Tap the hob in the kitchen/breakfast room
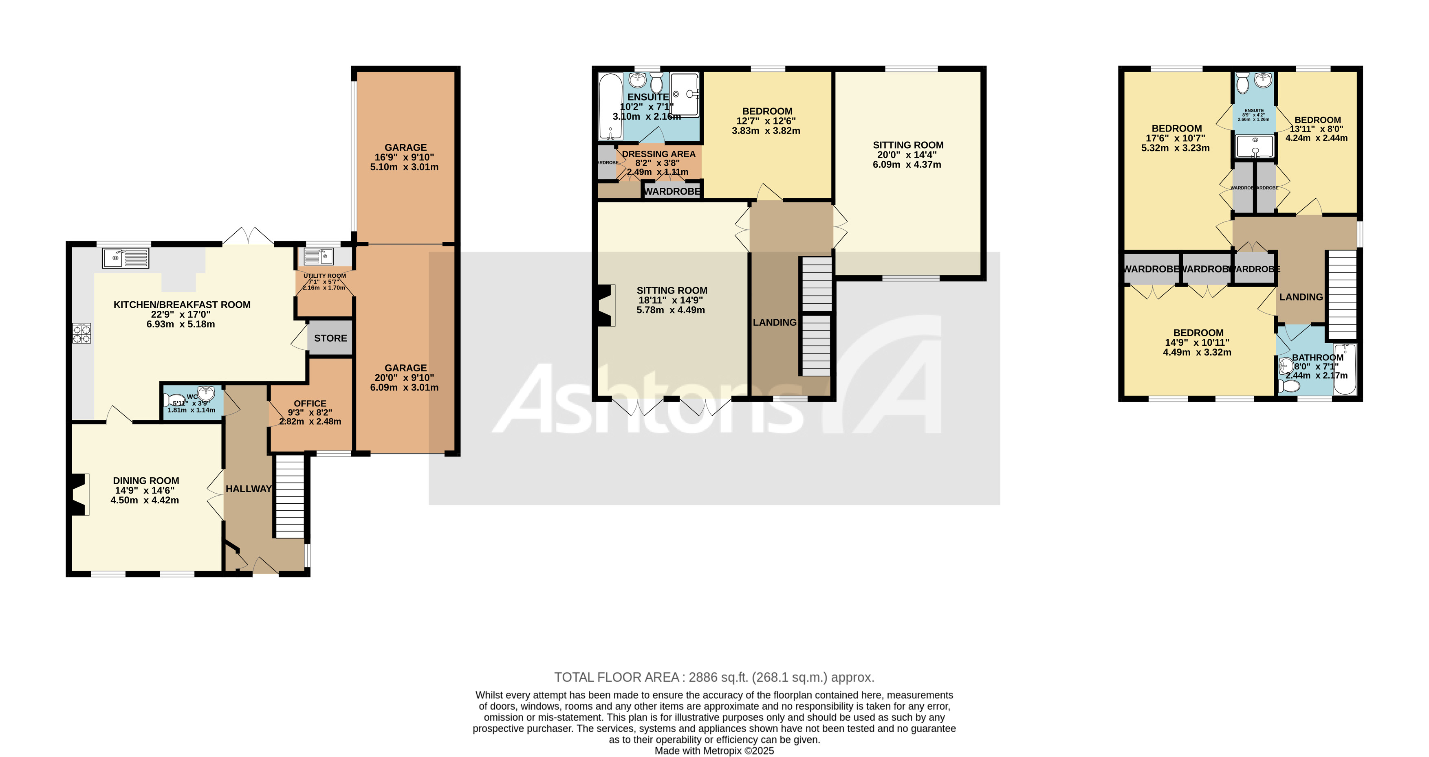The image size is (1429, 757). (x=81, y=334)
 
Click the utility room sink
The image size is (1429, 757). (x=317, y=257)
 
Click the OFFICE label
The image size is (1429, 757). (x=310, y=404)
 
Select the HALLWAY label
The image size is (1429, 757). (x=248, y=489)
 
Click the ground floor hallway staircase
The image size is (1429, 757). (x=290, y=496)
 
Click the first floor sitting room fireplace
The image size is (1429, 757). (x=606, y=305)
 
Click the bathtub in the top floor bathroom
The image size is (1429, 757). (x=1345, y=369)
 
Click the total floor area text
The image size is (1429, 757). (x=714, y=677)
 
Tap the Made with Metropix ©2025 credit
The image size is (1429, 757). (x=714, y=751)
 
